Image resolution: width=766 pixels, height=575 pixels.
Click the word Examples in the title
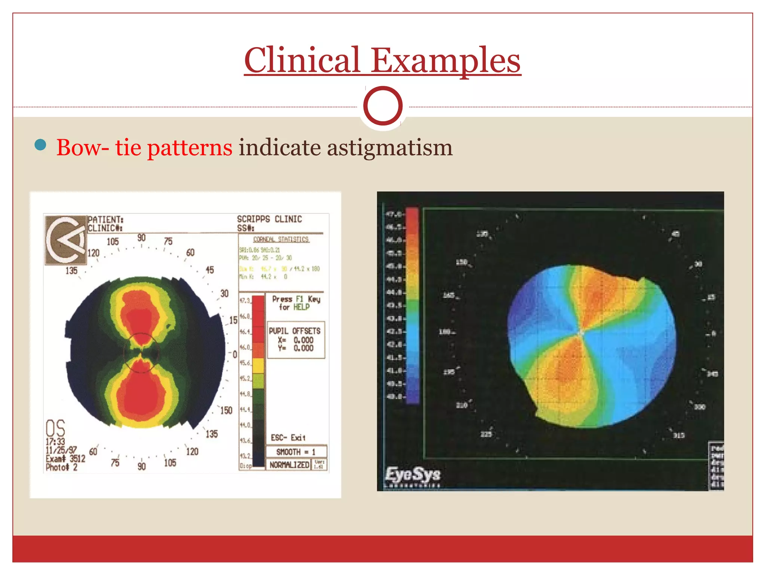pyautogui.click(x=445, y=61)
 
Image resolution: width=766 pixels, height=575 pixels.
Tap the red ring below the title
pyautogui.click(x=383, y=106)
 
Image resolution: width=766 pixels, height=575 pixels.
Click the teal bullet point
pyautogui.click(x=40, y=145)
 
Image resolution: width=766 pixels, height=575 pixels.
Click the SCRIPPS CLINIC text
pyautogui.click(x=269, y=219)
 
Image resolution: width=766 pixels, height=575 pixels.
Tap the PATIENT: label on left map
pyautogui.click(x=105, y=219)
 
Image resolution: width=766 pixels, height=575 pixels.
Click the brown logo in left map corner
pyautogui.click(x=66, y=240)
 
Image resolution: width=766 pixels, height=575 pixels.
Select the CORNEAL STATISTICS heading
pyautogui.click(x=281, y=239)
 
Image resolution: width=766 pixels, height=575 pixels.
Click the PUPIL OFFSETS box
pyautogui.click(x=295, y=340)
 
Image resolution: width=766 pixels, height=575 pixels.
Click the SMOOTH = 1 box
pyautogui.click(x=296, y=451)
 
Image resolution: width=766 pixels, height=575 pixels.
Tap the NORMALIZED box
pyautogui.click(x=289, y=465)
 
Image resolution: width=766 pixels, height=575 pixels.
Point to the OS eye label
pyautogui.click(x=55, y=428)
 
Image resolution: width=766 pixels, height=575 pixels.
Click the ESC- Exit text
pyautogui.click(x=288, y=438)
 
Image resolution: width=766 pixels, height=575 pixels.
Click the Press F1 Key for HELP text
pyautogui.click(x=296, y=303)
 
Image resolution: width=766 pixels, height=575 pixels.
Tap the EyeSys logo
pyautogui.click(x=413, y=475)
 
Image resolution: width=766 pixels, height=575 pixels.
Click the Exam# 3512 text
pyautogui.click(x=65, y=459)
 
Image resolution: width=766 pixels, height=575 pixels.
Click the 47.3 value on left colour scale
pyautogui.click(x=245, y=301)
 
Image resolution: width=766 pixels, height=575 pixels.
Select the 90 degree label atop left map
pyautogui.click(x=141, y=238)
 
